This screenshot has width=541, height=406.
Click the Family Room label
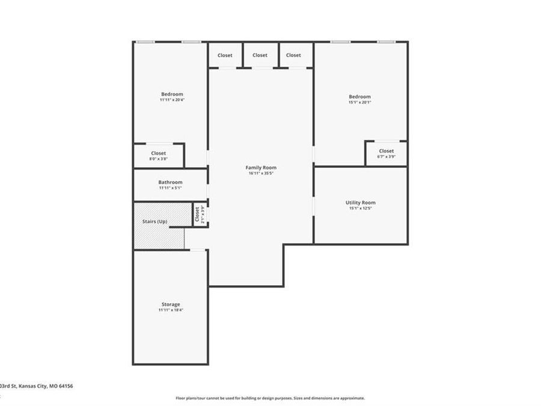coord(261,167)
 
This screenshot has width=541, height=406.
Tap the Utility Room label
coord(360,203)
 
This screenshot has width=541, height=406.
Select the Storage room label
coord(170,304)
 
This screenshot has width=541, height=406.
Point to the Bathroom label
coord(170,182)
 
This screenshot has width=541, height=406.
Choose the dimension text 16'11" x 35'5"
coord(261,173)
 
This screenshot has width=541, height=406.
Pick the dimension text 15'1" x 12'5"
coord(360,209)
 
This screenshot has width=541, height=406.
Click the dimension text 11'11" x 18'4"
coord(170,310)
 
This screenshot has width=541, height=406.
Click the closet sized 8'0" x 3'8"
coord(158,156)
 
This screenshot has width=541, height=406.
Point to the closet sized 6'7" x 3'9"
coord(386,153)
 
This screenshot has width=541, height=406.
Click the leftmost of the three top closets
coord(225,55)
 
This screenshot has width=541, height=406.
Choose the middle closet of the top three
coord(260,55)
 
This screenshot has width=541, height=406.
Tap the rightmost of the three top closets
coord(293,55)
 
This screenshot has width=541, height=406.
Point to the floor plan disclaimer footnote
coord(270,398)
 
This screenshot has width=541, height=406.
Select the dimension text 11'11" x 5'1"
coord(170,188)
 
